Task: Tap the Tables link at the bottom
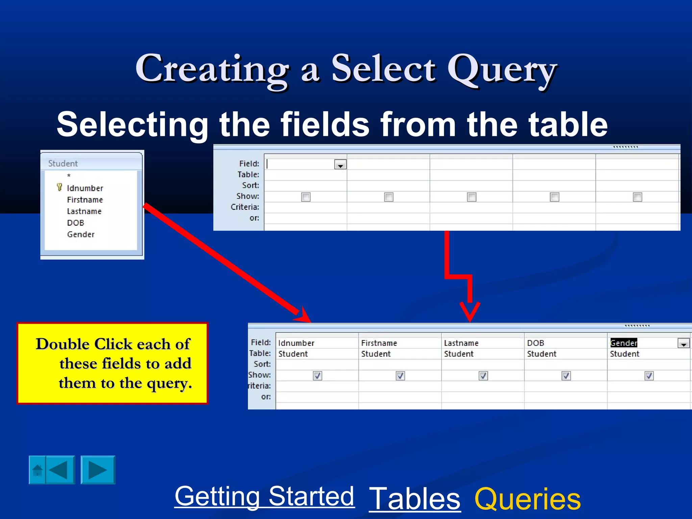[x=415, y=499]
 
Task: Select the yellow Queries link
[x=527, y=499]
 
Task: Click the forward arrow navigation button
[x=98, y=470]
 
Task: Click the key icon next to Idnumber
[x=59, y=187]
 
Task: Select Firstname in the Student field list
[x=85, y=200]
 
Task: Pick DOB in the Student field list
[x=75, y=223]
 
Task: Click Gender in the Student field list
[x=81, y=234]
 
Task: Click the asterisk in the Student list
[x=69, y=176]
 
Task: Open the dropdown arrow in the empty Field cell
[x=340, y=165]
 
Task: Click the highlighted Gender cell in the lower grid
[x=623, y=343]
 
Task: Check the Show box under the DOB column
[x=566, y=375]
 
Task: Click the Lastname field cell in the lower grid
[x=461, y=343]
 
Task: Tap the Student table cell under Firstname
[x=376, y=354]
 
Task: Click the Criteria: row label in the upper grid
[x=245, y=207]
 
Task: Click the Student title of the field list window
[x=63, y=163]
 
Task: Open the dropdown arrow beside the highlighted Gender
[x=683, y=344]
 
